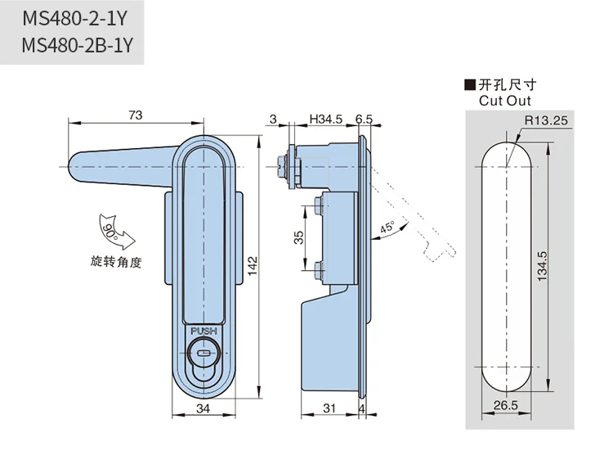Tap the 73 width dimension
[x=136, y=115]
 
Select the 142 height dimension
[x=253, y=264]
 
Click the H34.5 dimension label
[x=325, y=120]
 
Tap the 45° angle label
[x=387, y=228]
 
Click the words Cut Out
[x=504, y=101]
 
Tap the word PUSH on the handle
[x=204, y=331]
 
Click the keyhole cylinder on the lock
[x=204, y=354]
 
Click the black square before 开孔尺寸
[x=470, y=85]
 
